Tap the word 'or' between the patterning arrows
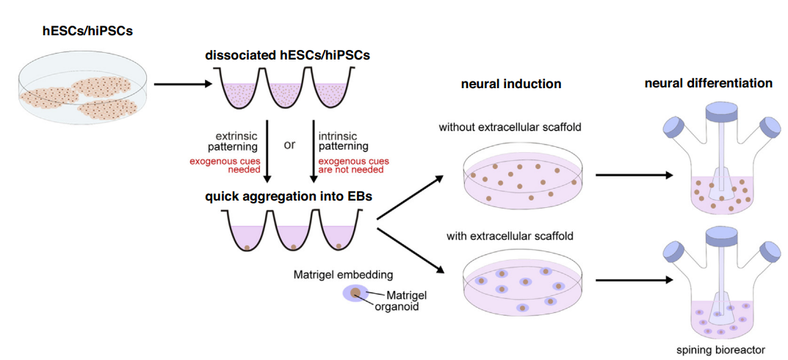pyautogui.click(x=289, y=144)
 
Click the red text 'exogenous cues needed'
pyautogui.click(x=236, y=166)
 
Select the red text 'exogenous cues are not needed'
pyautogui.click(x=353, y=166)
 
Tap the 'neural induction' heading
pyautogui.click(x=511, y=84)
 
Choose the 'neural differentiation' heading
pyautogui.click(x=708, y=83)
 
